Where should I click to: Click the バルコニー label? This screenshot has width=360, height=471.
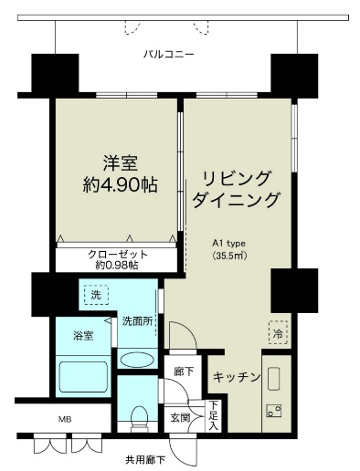click(169, 55)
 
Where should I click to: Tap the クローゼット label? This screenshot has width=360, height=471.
click(117, 254)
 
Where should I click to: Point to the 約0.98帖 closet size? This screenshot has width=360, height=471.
click(117, 266)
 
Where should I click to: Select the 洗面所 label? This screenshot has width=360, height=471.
click(137, 321)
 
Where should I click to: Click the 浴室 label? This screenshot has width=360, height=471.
click(83, 336)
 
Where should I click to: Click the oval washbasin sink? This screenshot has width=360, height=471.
click(138, 359)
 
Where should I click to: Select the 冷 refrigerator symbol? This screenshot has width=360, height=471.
click(276, 334)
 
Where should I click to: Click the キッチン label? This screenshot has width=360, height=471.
click(238, 377)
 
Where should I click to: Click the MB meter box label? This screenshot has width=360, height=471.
click(65, 420)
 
